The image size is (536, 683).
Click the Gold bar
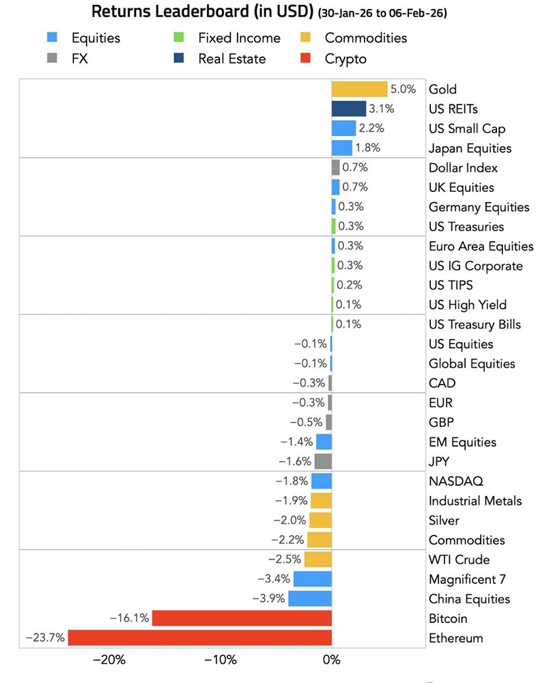click(359, 89)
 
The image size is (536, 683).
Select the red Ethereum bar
click(199, 638)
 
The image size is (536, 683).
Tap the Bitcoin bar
click(242, 618)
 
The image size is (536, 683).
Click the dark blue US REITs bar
click(348, 109)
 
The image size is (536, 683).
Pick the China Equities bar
click(310, 599)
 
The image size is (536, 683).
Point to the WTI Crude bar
click(318, 559)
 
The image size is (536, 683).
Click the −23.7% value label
click(45, 638)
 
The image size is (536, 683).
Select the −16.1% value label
click(129, 618)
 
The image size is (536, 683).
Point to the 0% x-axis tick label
click(331, 660)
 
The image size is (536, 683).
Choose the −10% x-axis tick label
click(220, 660)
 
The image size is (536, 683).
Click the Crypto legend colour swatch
click(306, 59)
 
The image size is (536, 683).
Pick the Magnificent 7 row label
click(467, 579)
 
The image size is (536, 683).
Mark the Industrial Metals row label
click(475, 501)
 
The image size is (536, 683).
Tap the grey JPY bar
click(323, 461)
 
